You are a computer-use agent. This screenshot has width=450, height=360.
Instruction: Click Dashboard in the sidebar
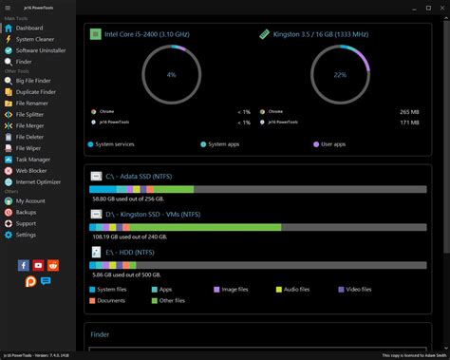click(29, 28)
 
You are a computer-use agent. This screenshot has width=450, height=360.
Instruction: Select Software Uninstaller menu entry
click(41, 50)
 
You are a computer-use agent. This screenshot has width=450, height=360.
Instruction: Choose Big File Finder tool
click(35, 83)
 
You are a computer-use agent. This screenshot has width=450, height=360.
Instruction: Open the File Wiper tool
click(28, 148)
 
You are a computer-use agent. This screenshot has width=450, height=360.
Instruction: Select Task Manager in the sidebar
click(32, 159)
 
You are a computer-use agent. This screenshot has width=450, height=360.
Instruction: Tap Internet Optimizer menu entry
click(39, 180)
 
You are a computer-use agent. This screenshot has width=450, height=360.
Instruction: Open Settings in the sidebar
click(26, 234)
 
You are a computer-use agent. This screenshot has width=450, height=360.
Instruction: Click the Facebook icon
click(24, 266)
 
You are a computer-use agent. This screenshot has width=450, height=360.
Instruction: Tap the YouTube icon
click(38, 266)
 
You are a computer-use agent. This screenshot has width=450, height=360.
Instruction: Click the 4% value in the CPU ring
click(171, 74)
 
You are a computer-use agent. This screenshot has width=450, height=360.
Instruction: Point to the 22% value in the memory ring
click(341, 74)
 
